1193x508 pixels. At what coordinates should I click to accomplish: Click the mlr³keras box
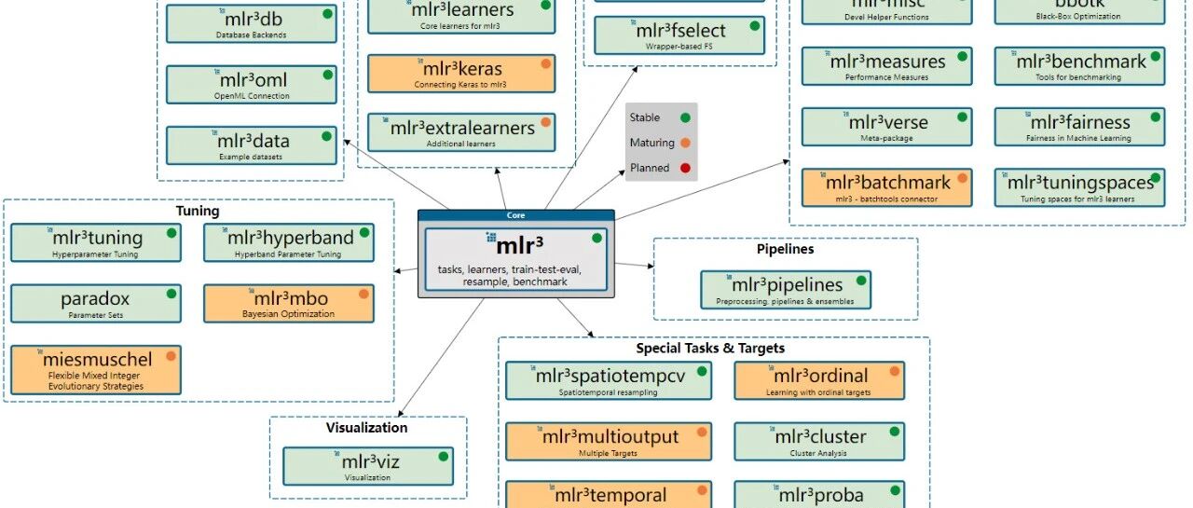461,74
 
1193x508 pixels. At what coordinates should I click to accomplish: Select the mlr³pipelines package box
786,289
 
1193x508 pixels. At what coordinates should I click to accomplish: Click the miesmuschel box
96,369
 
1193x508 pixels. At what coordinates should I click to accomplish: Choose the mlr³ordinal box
819,380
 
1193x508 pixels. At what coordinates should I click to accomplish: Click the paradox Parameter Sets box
96,304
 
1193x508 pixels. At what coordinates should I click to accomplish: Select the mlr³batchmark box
886,187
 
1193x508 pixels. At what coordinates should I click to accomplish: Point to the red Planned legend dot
685,169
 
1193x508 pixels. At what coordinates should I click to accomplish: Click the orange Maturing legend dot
685,144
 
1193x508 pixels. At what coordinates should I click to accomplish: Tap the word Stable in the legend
645,117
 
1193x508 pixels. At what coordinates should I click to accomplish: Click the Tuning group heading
198,212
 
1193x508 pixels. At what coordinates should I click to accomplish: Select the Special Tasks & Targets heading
710,349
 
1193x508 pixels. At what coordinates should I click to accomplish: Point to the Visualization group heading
366,428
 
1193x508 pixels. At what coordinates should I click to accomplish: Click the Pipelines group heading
785,250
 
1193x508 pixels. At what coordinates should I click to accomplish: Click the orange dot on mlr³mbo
363,294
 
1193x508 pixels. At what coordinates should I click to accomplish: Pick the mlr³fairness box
1079,127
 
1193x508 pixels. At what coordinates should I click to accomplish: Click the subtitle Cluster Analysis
819,453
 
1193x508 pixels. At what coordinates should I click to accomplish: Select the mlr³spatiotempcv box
610,380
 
